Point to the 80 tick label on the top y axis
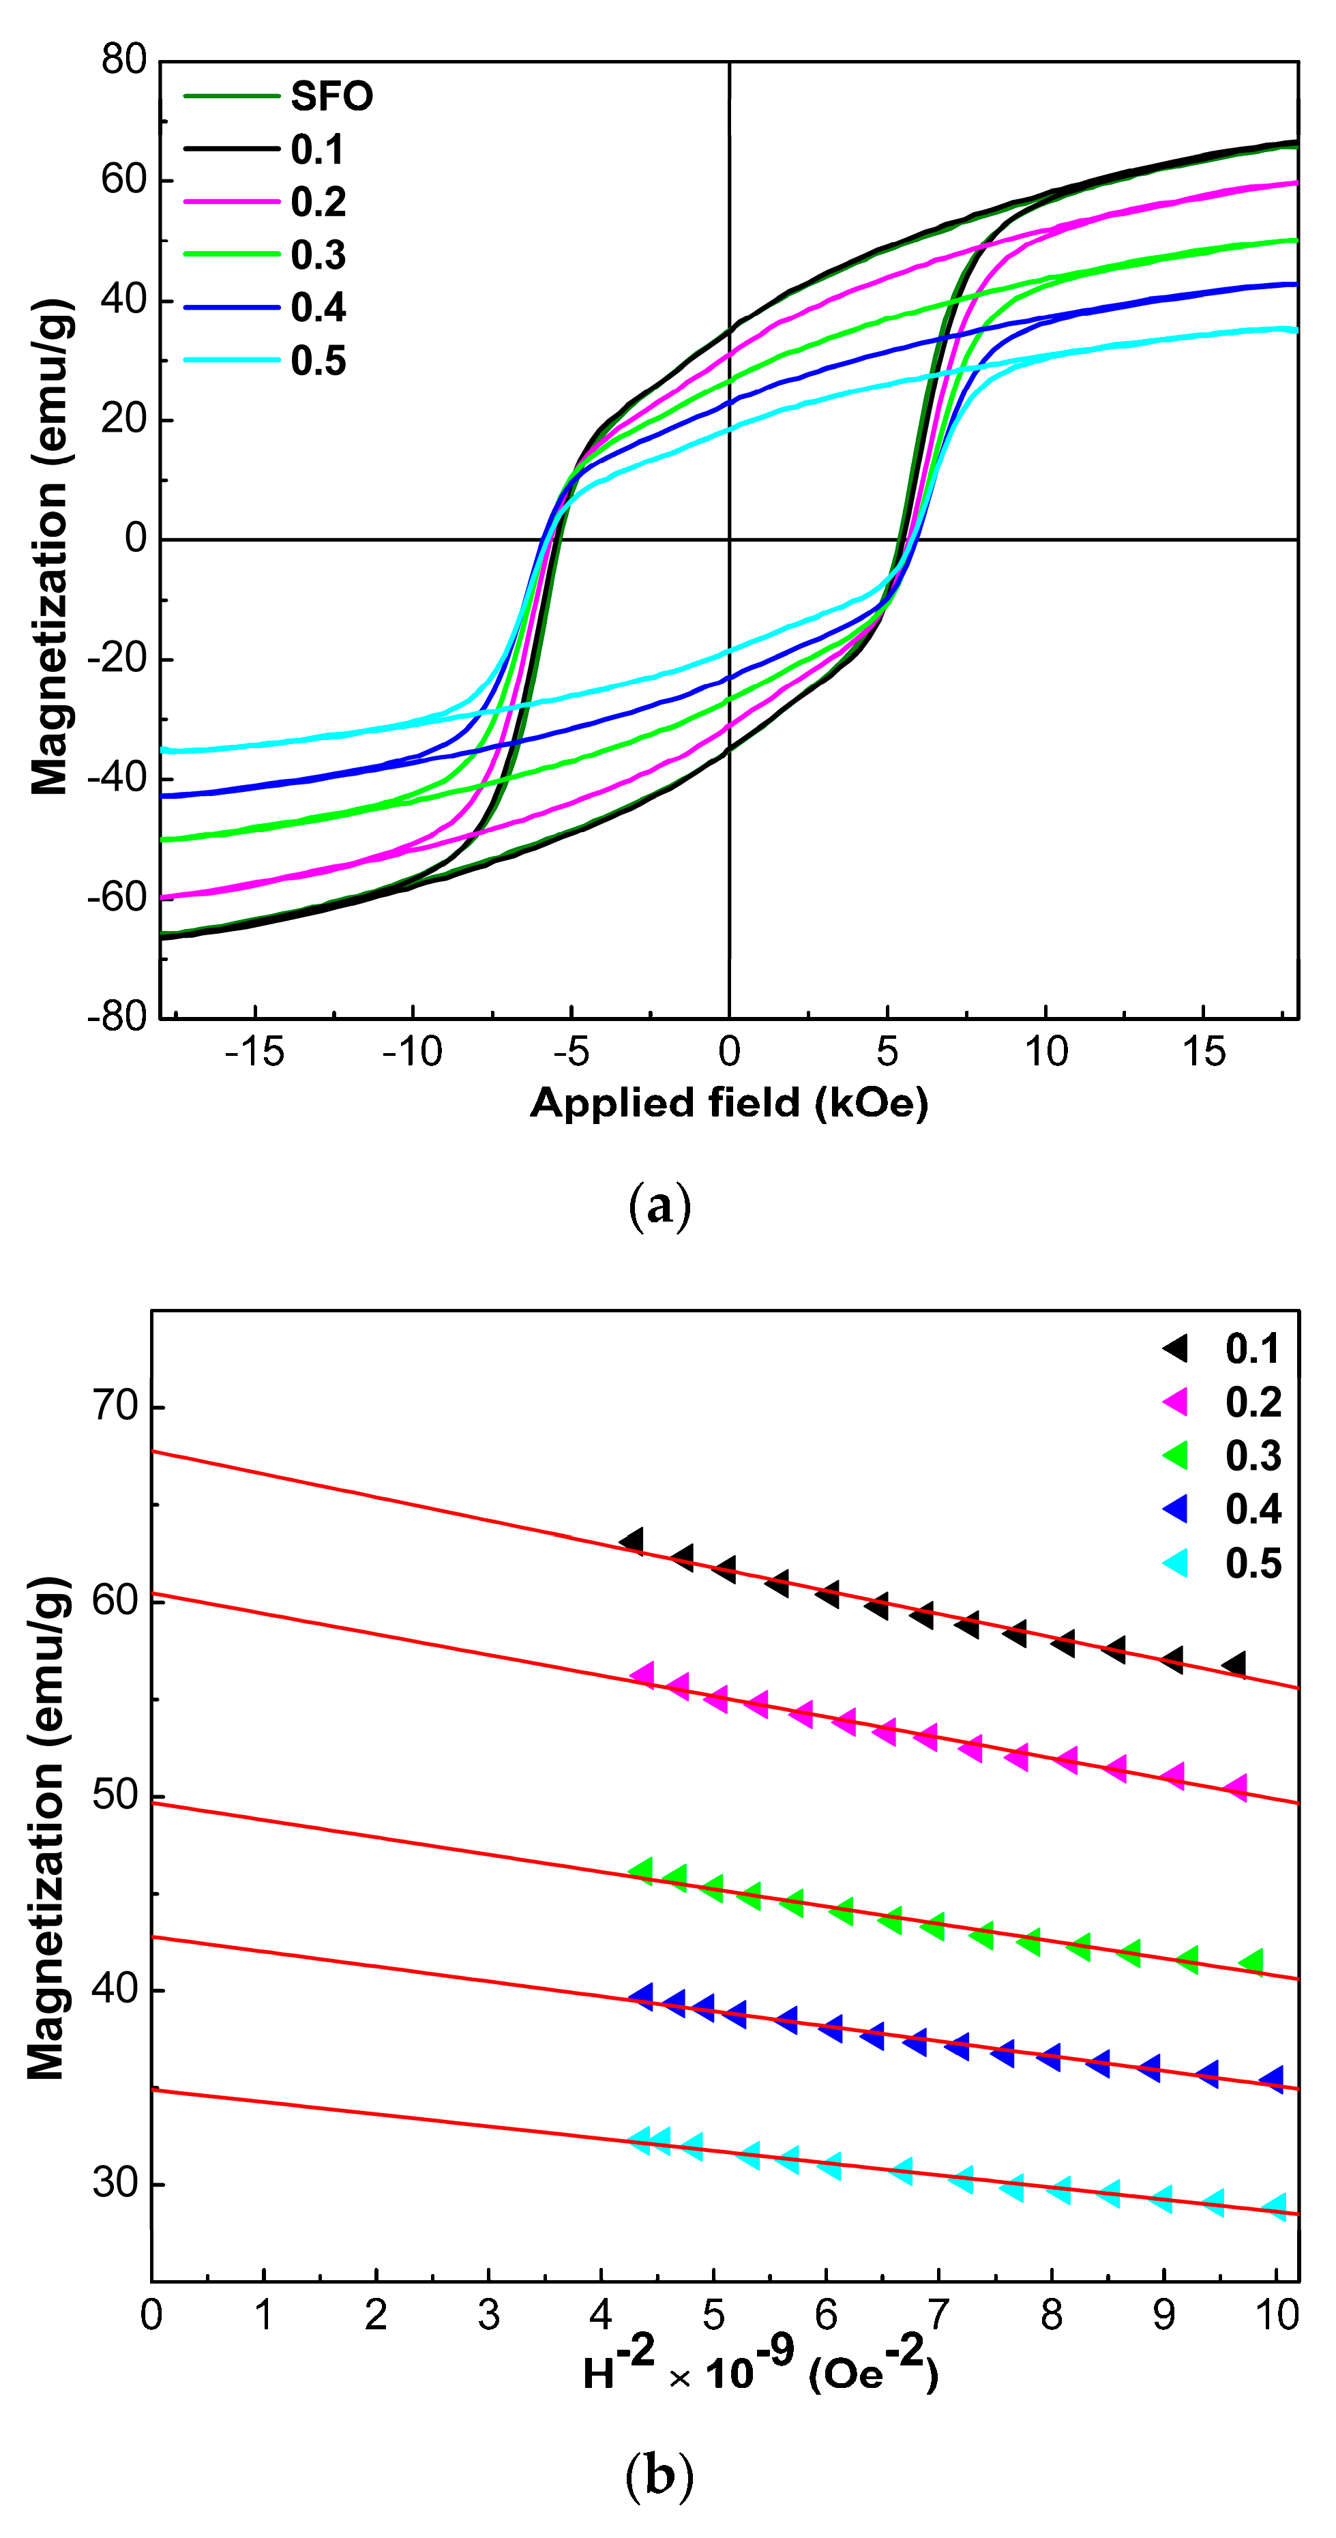[124, 60]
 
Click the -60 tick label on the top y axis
[117, 898]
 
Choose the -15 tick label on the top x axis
[254, 1053]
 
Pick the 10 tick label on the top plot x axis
[1045, 1053]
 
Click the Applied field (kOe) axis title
[729, 1102]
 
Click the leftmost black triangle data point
[632, 1541]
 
